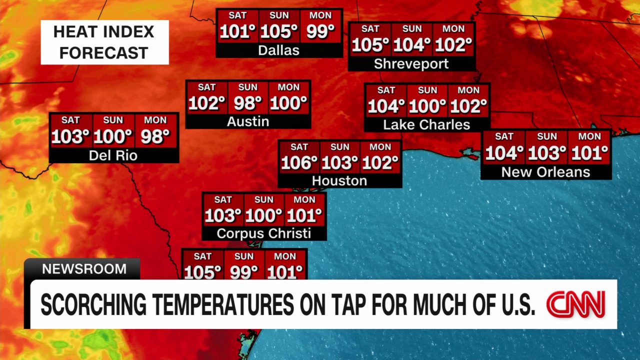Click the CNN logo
point(575,304)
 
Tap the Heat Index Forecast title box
point(104,42)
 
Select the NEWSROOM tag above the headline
point(84,269)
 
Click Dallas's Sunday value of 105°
point(279,32)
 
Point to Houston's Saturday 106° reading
point(299,163)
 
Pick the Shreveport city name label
point(411,63)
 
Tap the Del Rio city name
point(113,155)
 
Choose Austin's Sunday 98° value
point(247,103)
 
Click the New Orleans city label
point(545,172)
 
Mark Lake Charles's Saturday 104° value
point(386,106)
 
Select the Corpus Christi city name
point(263,233)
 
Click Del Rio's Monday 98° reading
point(155,136)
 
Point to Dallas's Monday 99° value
point(320,32)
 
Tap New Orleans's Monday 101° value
point(589,153)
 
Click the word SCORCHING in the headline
point(92,305)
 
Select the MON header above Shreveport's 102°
point(453,29)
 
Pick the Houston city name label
point(339,180)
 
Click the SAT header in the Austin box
point(206,87)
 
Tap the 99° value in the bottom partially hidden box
point(244,272)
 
